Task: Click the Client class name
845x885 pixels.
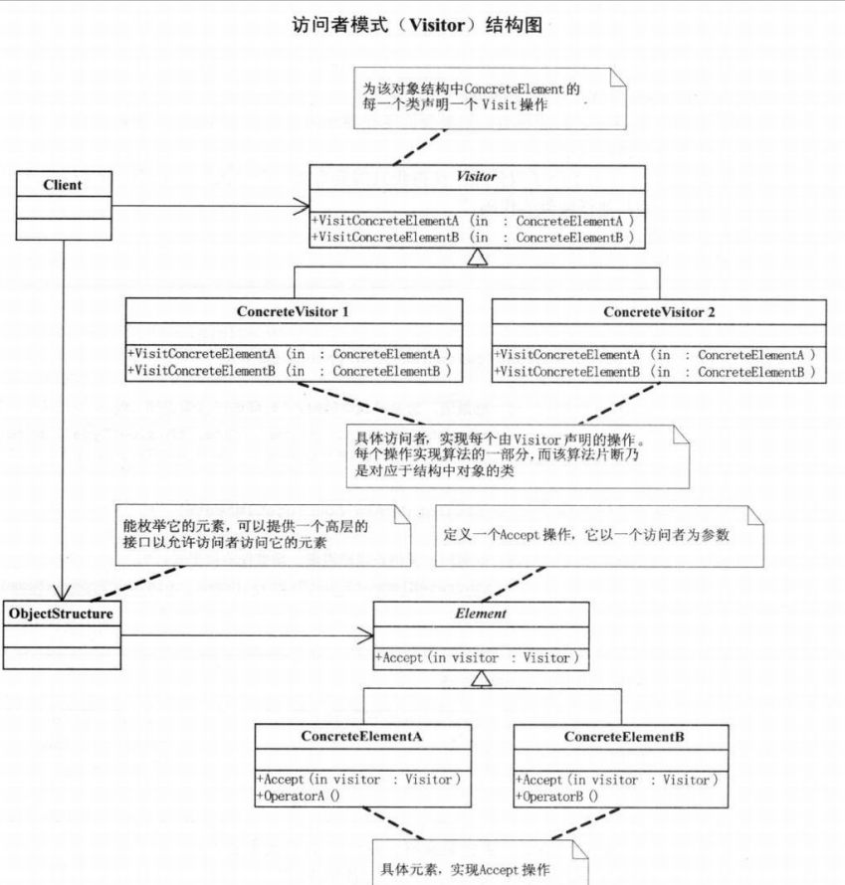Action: pos(63,184)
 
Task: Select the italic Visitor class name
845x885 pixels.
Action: pos(476,177)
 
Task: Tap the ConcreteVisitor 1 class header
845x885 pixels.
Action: pos(293,311)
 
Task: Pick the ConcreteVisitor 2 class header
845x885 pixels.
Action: pos(659,311)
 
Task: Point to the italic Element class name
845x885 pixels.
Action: pos(481,614)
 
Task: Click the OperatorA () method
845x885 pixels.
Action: pos(299,796)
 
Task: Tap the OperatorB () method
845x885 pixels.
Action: pos(557,796)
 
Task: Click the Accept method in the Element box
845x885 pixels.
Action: pos(476,657)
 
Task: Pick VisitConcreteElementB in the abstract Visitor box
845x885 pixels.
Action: pos(472,239)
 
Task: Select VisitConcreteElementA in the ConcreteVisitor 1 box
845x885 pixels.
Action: pos(289,354)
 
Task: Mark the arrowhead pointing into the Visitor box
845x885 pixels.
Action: pos(302,208)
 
